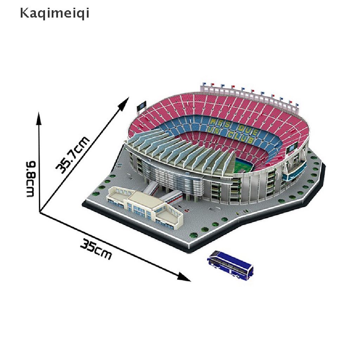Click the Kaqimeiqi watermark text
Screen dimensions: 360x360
tap(54, 14)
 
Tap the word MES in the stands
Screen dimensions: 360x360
tap(219, 123)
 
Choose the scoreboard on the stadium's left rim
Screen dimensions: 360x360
tap(141, 105)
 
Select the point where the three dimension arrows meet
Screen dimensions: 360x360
tap(40, 212)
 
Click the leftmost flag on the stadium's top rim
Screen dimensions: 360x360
tap(204, 85)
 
